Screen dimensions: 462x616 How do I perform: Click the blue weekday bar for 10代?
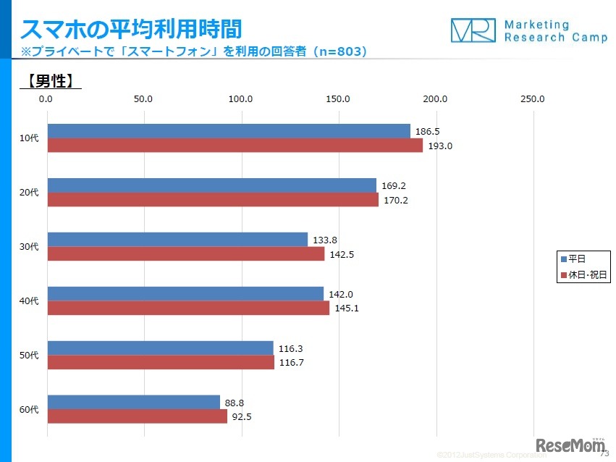pyautogui.click(x=228, y=131)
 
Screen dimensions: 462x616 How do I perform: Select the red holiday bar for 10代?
pyautogui.click(x=235, y=146)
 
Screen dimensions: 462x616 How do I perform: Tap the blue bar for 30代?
pyautogui.click(x=177, y=240)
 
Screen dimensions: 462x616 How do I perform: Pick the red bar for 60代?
pyautogui.click(x=137, y=416)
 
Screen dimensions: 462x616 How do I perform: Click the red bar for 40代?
pyautogui.click(x=188, y=308)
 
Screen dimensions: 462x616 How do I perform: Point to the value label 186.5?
pyautogui.click(x=427, y=132)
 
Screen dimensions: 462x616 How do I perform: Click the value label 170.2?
pyautogui.click(x=396, y=201)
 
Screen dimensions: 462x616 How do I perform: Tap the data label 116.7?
pyautogui.click(x=291, y=363)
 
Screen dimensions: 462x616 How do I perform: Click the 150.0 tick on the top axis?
pyautogui.click(x=338, y=98)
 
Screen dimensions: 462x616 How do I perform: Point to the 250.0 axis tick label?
pyautogui.click(x=533, y=98)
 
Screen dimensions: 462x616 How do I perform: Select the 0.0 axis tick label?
pyautogui.click(x=46, y=98)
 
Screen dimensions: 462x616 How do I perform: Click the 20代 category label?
pyautogui.click(x=28, y=193)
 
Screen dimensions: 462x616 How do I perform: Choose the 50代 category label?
pyautogui.click(x=28, y=356)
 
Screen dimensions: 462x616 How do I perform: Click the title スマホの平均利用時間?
pyautogui.click(x=130, y=30)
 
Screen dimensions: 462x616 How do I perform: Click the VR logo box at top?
pyautogui.click(x=473, y=30)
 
